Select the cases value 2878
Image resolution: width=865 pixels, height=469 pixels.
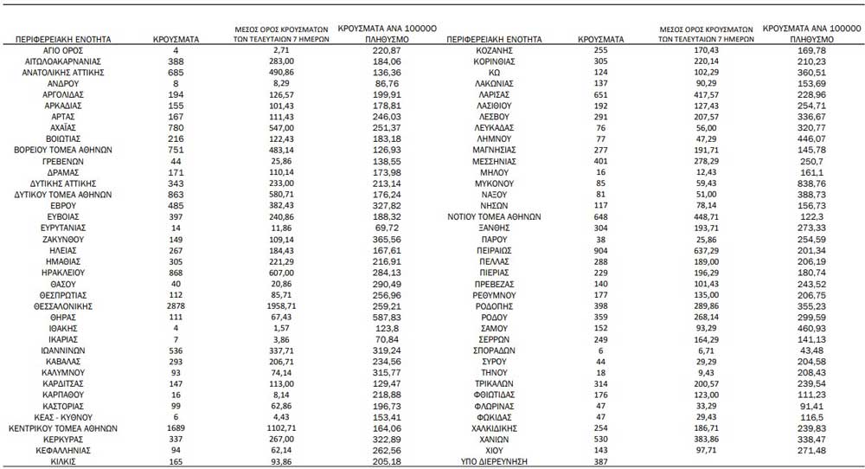[x=176, y=305]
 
